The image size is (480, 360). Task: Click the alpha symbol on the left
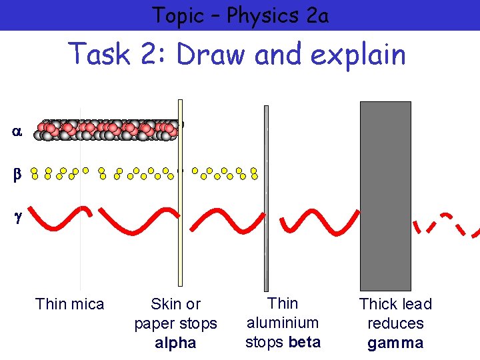pos(17,132)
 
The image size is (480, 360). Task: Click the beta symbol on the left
pos(17,175)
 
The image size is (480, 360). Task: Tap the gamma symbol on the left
pos(17,217)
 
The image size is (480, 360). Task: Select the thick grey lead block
pos(385,195)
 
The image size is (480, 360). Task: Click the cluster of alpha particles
pos(110,130)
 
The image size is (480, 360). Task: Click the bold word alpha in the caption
pos(175,343)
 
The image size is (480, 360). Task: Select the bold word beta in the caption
pos(305,343)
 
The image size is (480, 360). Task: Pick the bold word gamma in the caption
pos(395,344)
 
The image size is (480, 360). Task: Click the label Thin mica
pos(70,304)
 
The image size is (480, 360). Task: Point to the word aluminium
pos(283,323)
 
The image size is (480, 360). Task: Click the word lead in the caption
pos(417,304)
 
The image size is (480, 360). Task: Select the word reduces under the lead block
pos(395,323)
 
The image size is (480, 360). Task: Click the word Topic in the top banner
pos(177,15)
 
